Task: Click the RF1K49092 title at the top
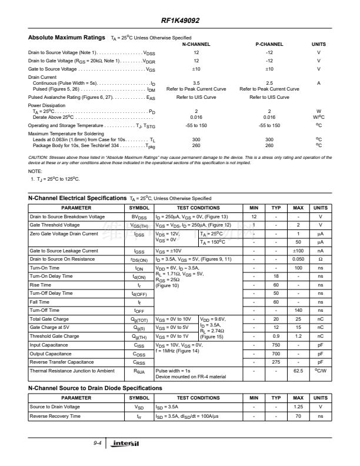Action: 180,21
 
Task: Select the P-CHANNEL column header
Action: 269,44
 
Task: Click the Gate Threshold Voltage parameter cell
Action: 54,225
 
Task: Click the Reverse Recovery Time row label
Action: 56,417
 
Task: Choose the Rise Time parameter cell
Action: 41,285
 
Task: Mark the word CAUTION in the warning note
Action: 39,158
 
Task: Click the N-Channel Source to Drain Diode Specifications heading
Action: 95,388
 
